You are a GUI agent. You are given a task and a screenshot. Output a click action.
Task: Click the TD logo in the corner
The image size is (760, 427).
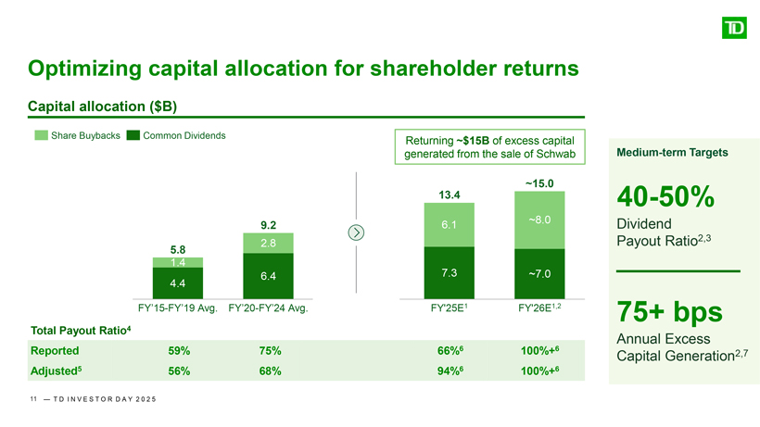733,29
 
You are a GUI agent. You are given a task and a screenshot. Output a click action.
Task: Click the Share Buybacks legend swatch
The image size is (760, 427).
41,136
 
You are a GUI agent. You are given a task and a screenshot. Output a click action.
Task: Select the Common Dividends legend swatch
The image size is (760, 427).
133,136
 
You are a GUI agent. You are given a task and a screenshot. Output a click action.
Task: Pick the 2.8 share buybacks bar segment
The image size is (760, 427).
269,243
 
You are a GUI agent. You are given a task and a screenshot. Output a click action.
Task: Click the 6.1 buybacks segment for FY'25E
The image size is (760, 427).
449,225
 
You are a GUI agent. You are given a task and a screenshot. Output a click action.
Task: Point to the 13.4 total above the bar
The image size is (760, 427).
449,195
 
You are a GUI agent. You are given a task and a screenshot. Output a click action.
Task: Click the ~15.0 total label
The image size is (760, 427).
539,183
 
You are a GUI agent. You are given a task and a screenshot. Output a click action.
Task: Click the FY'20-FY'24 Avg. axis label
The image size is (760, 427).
267,309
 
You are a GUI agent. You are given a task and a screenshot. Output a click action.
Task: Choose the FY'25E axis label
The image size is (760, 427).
449,309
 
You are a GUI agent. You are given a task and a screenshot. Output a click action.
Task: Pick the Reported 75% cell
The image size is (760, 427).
270,351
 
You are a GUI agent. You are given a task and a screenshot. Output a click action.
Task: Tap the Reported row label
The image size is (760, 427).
54,351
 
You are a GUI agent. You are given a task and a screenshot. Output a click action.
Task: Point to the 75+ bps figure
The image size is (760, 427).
667,312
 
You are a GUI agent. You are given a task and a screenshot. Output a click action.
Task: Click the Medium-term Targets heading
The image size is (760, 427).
664,152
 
